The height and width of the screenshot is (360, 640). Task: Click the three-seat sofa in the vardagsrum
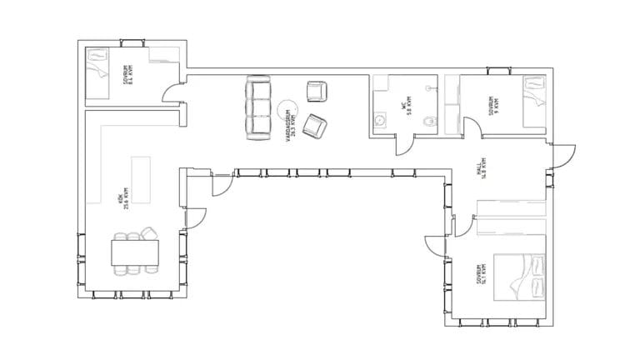click(258, 107)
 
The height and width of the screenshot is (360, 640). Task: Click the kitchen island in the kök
click(138, 179)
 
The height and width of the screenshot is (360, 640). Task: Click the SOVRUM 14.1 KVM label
click(481, 276)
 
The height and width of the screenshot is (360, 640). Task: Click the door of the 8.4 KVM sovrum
click(172, 93)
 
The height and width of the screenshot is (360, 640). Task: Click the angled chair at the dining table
click(150, 234)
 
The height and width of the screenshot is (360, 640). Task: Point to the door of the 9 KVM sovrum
click(471, 127)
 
